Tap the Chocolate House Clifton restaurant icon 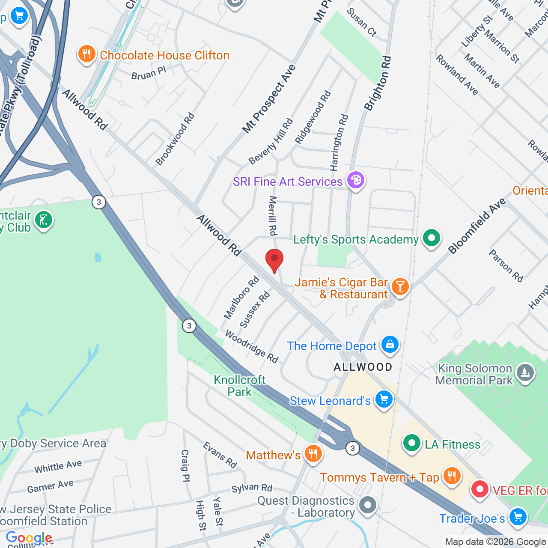point(87,54)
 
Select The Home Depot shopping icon point(390,344)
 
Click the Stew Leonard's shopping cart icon point(384,399)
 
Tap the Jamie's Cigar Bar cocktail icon point(400,286)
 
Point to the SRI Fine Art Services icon point(356,180)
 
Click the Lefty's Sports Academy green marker point(431,238)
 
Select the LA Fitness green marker point(411,444)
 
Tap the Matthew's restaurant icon point(313,454)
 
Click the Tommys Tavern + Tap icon point(452,476)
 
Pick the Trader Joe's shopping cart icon point(518,517)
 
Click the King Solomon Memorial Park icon point(525,373)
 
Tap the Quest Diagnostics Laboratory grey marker point(368,506)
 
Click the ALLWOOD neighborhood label point(363,367)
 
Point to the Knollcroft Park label point(240,386)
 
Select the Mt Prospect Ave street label point(269,98)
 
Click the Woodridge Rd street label point(252,346)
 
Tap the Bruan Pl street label point(149,73)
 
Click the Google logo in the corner point(29,538)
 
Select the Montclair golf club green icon point(43,220)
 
